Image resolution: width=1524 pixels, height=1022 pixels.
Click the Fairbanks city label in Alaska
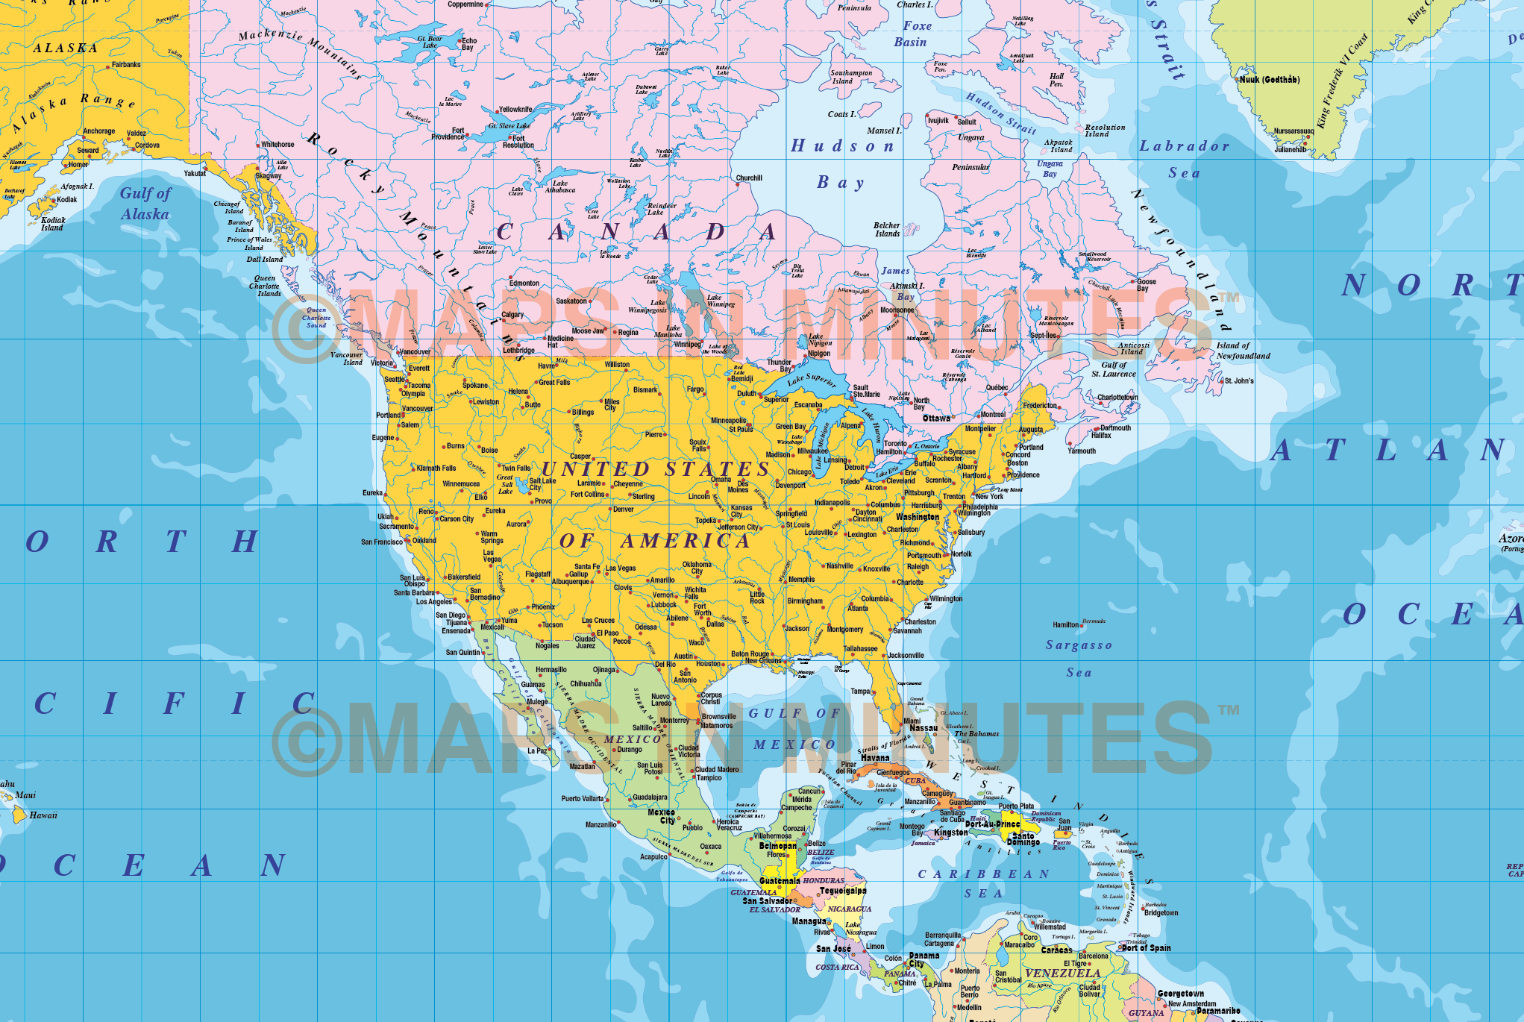(126, 65)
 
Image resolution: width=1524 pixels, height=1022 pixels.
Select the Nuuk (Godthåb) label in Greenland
(1269, 80)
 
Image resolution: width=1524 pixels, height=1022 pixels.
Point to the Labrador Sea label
(1184, 159)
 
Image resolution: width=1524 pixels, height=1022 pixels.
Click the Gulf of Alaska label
(145, 204)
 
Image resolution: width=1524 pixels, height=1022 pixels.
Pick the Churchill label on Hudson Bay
(749, 178)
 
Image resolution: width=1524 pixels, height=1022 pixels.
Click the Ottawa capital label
(936, 418)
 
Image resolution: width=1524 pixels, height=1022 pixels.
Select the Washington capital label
(918, 517)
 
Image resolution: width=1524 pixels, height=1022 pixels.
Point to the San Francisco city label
(382, 542)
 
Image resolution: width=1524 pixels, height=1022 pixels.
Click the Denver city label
(624, 510)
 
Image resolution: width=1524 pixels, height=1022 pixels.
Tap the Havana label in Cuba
(875, 758)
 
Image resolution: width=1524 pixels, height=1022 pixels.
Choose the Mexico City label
(662, 816)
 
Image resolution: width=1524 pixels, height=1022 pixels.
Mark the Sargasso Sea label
(1079, 658)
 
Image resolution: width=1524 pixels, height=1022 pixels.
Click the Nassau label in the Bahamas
(924, 728)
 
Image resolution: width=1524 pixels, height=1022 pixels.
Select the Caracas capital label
(1056, 950)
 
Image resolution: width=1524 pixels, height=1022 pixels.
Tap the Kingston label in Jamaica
(951, 833)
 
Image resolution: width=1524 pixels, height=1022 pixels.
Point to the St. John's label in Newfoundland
(1239, 381)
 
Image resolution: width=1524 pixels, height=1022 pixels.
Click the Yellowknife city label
(515, 110)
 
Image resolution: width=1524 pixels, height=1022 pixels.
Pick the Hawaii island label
(43, 815)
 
